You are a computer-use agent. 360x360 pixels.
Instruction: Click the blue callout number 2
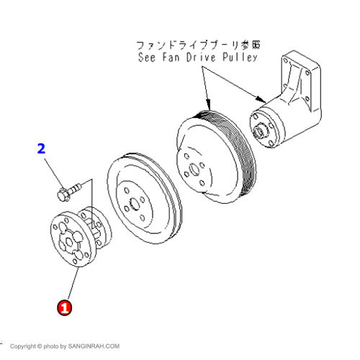[41, 148]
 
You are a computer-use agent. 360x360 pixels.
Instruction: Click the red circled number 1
[64, 307]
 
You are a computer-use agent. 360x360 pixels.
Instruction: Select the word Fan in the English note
[171, 58]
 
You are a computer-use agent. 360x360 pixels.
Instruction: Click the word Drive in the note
[201, 58]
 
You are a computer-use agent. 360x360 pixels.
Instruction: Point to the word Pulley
[240, 58]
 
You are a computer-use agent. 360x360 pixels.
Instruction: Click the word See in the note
[147, 58]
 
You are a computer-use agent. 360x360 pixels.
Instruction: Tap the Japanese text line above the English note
[198, 45]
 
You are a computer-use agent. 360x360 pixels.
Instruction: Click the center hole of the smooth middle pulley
[134, 204]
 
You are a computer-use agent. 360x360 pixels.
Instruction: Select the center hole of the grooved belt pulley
[194, 169]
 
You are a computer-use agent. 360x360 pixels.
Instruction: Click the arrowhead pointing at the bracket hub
[261, 99]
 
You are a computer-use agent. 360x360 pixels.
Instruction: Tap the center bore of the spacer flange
[69, 242]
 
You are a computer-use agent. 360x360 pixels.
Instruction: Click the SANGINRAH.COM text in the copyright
[94, 346]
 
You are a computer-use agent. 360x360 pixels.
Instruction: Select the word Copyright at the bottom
[23, 346]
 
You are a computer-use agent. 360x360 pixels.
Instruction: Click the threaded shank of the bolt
[76, 188]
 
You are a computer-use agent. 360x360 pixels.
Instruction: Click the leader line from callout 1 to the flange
[73, 284]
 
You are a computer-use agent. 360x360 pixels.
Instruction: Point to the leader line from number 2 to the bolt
[54, 174]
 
